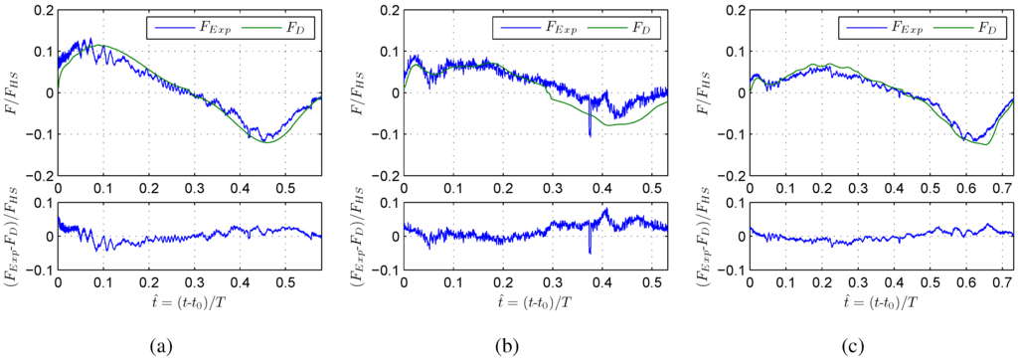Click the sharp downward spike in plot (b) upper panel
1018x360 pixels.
[x=590, y=131]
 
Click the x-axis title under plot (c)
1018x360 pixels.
[x=883, y=298]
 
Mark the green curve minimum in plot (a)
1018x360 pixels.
[x=265, y=142]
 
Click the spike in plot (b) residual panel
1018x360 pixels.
[x=590, y=252]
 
